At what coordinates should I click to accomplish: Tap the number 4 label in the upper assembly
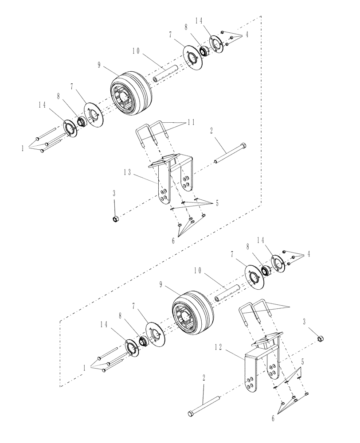click(x=247, y=34)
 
